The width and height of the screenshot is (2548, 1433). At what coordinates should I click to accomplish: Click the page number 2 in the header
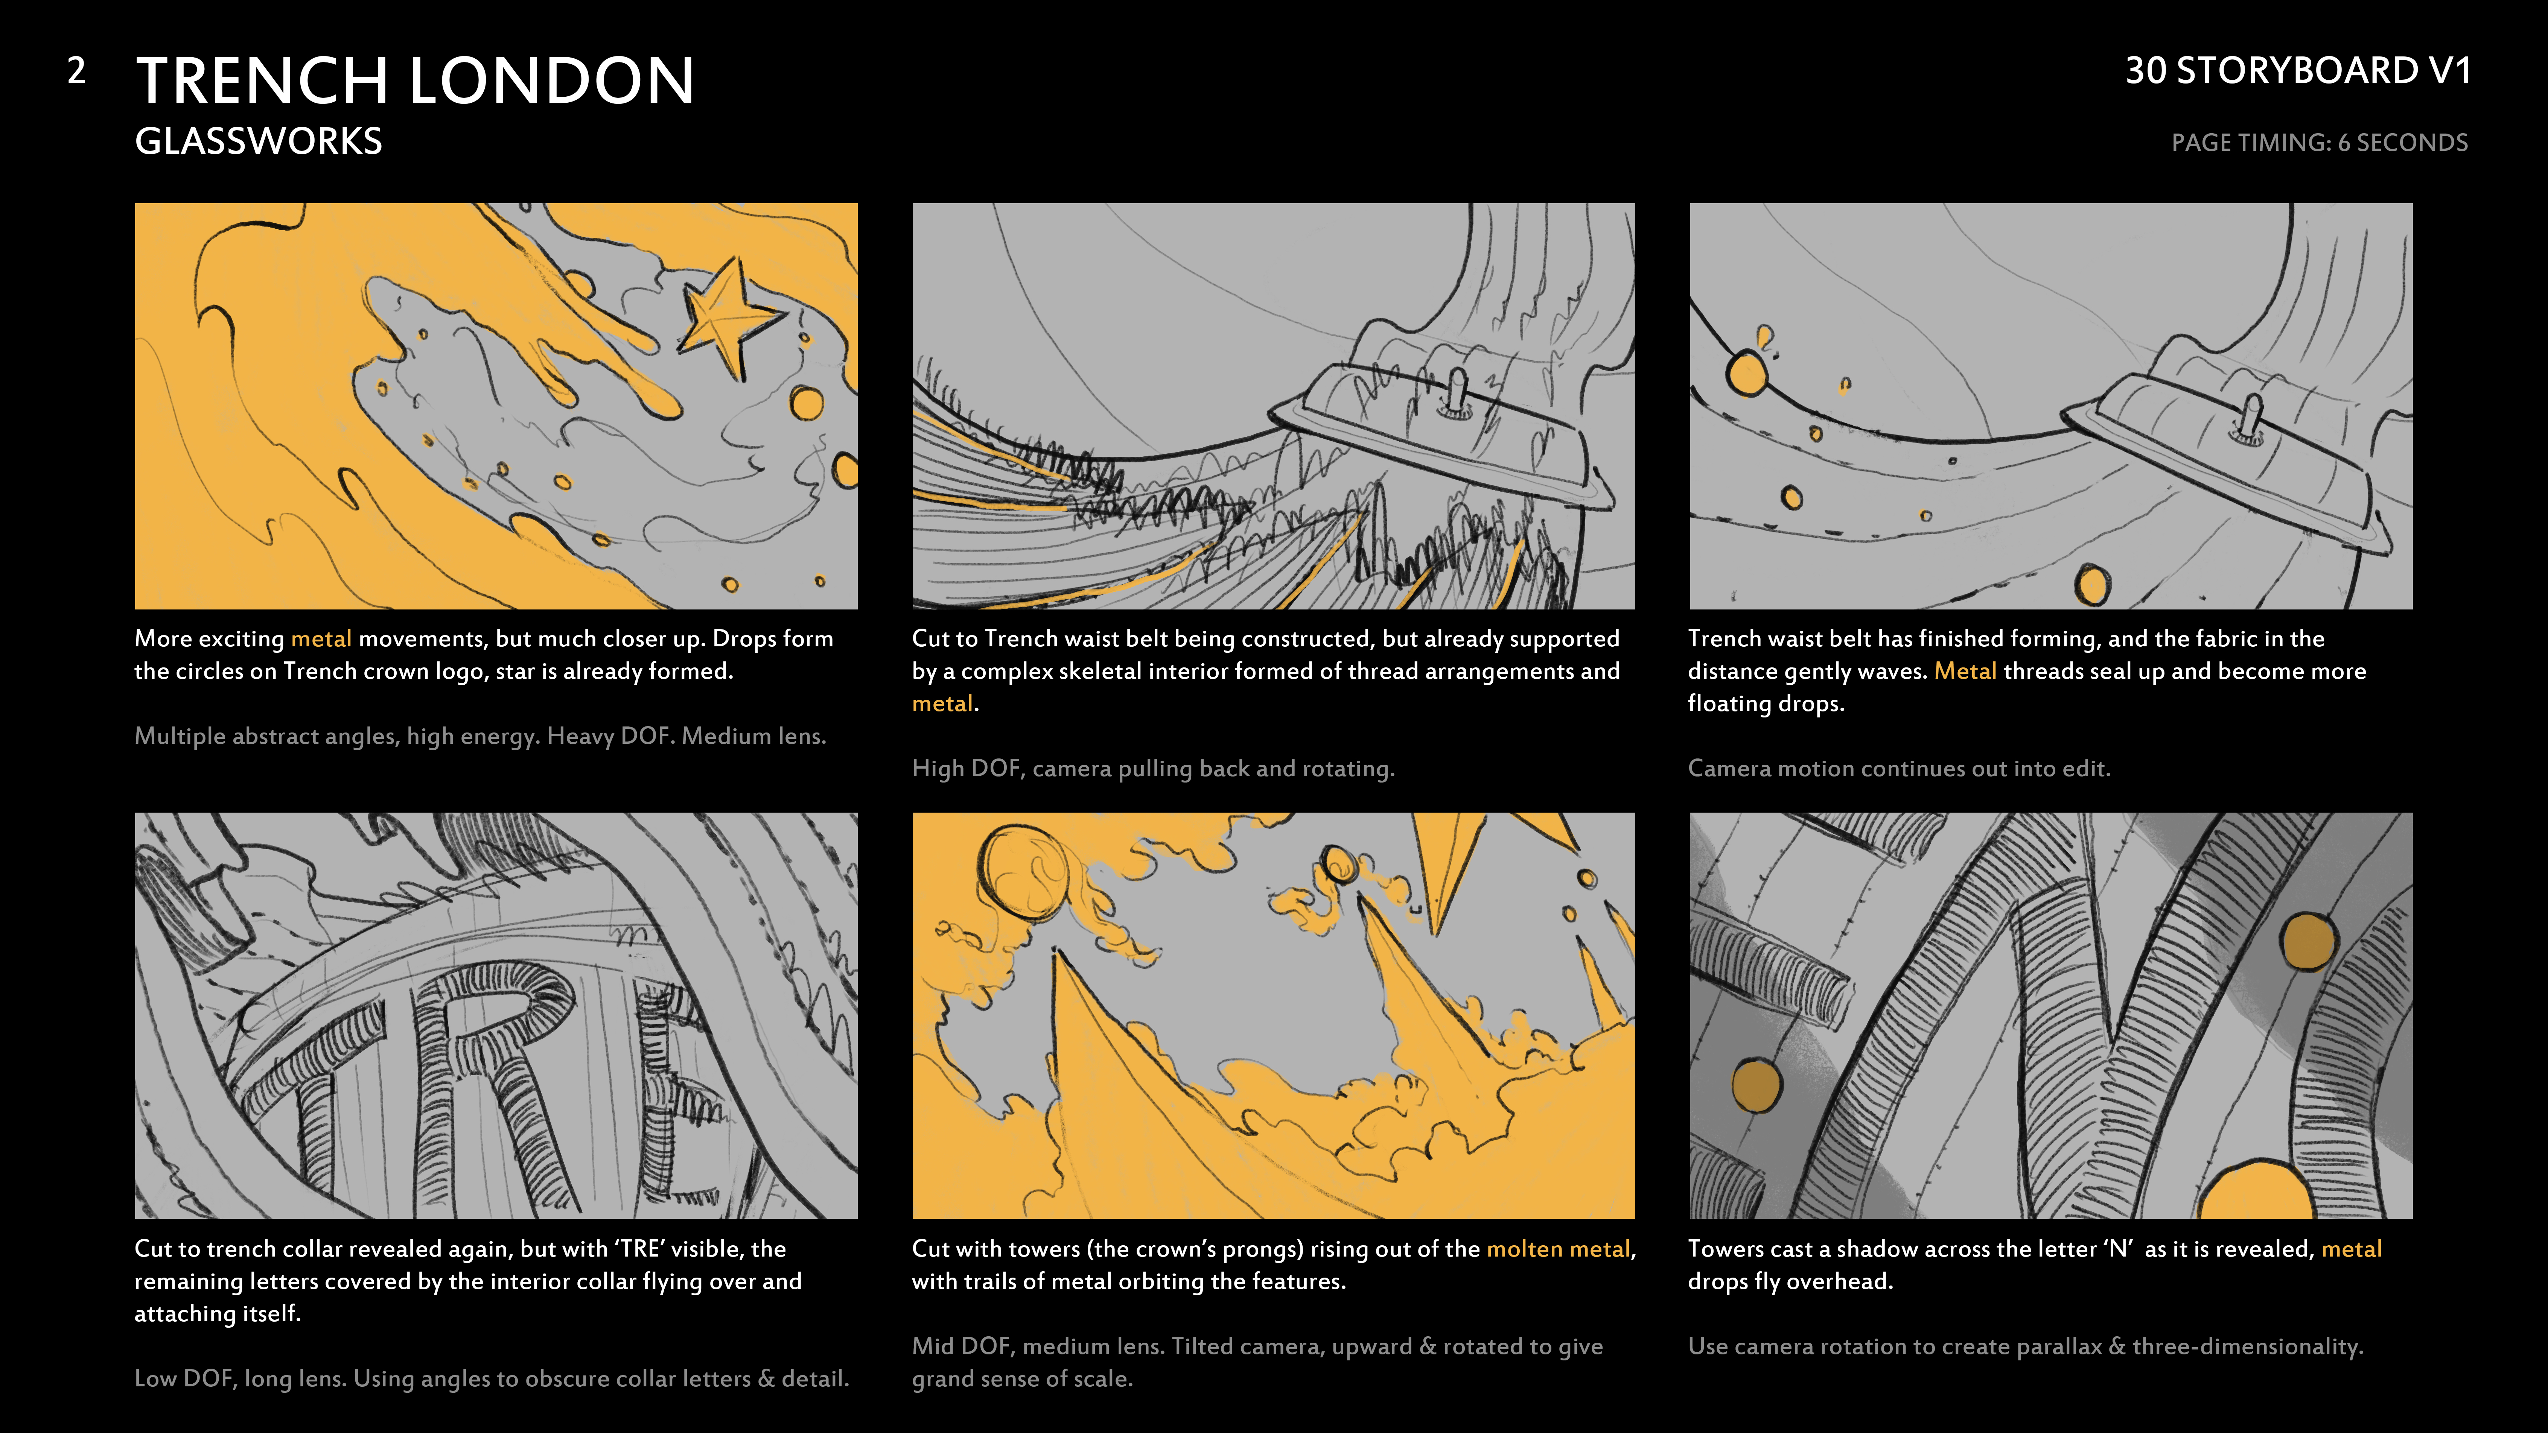[x=76, y=70]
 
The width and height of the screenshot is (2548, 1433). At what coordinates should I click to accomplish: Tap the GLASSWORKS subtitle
[x=258, y=141]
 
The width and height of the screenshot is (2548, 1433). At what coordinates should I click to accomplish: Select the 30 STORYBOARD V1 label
[x=2298, y=70]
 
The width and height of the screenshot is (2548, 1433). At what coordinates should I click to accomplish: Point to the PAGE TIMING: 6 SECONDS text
[x=2320, y=143]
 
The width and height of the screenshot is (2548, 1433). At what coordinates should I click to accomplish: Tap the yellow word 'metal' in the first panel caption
[x=321, y=639]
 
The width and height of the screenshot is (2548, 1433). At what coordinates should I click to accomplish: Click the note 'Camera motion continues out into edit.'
[x=1899, y=769]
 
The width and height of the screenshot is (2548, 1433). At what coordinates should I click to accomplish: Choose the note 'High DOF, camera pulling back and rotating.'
[x=1153, y=769]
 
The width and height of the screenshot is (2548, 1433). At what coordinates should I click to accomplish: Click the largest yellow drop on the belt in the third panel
[x=1747, y=374]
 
